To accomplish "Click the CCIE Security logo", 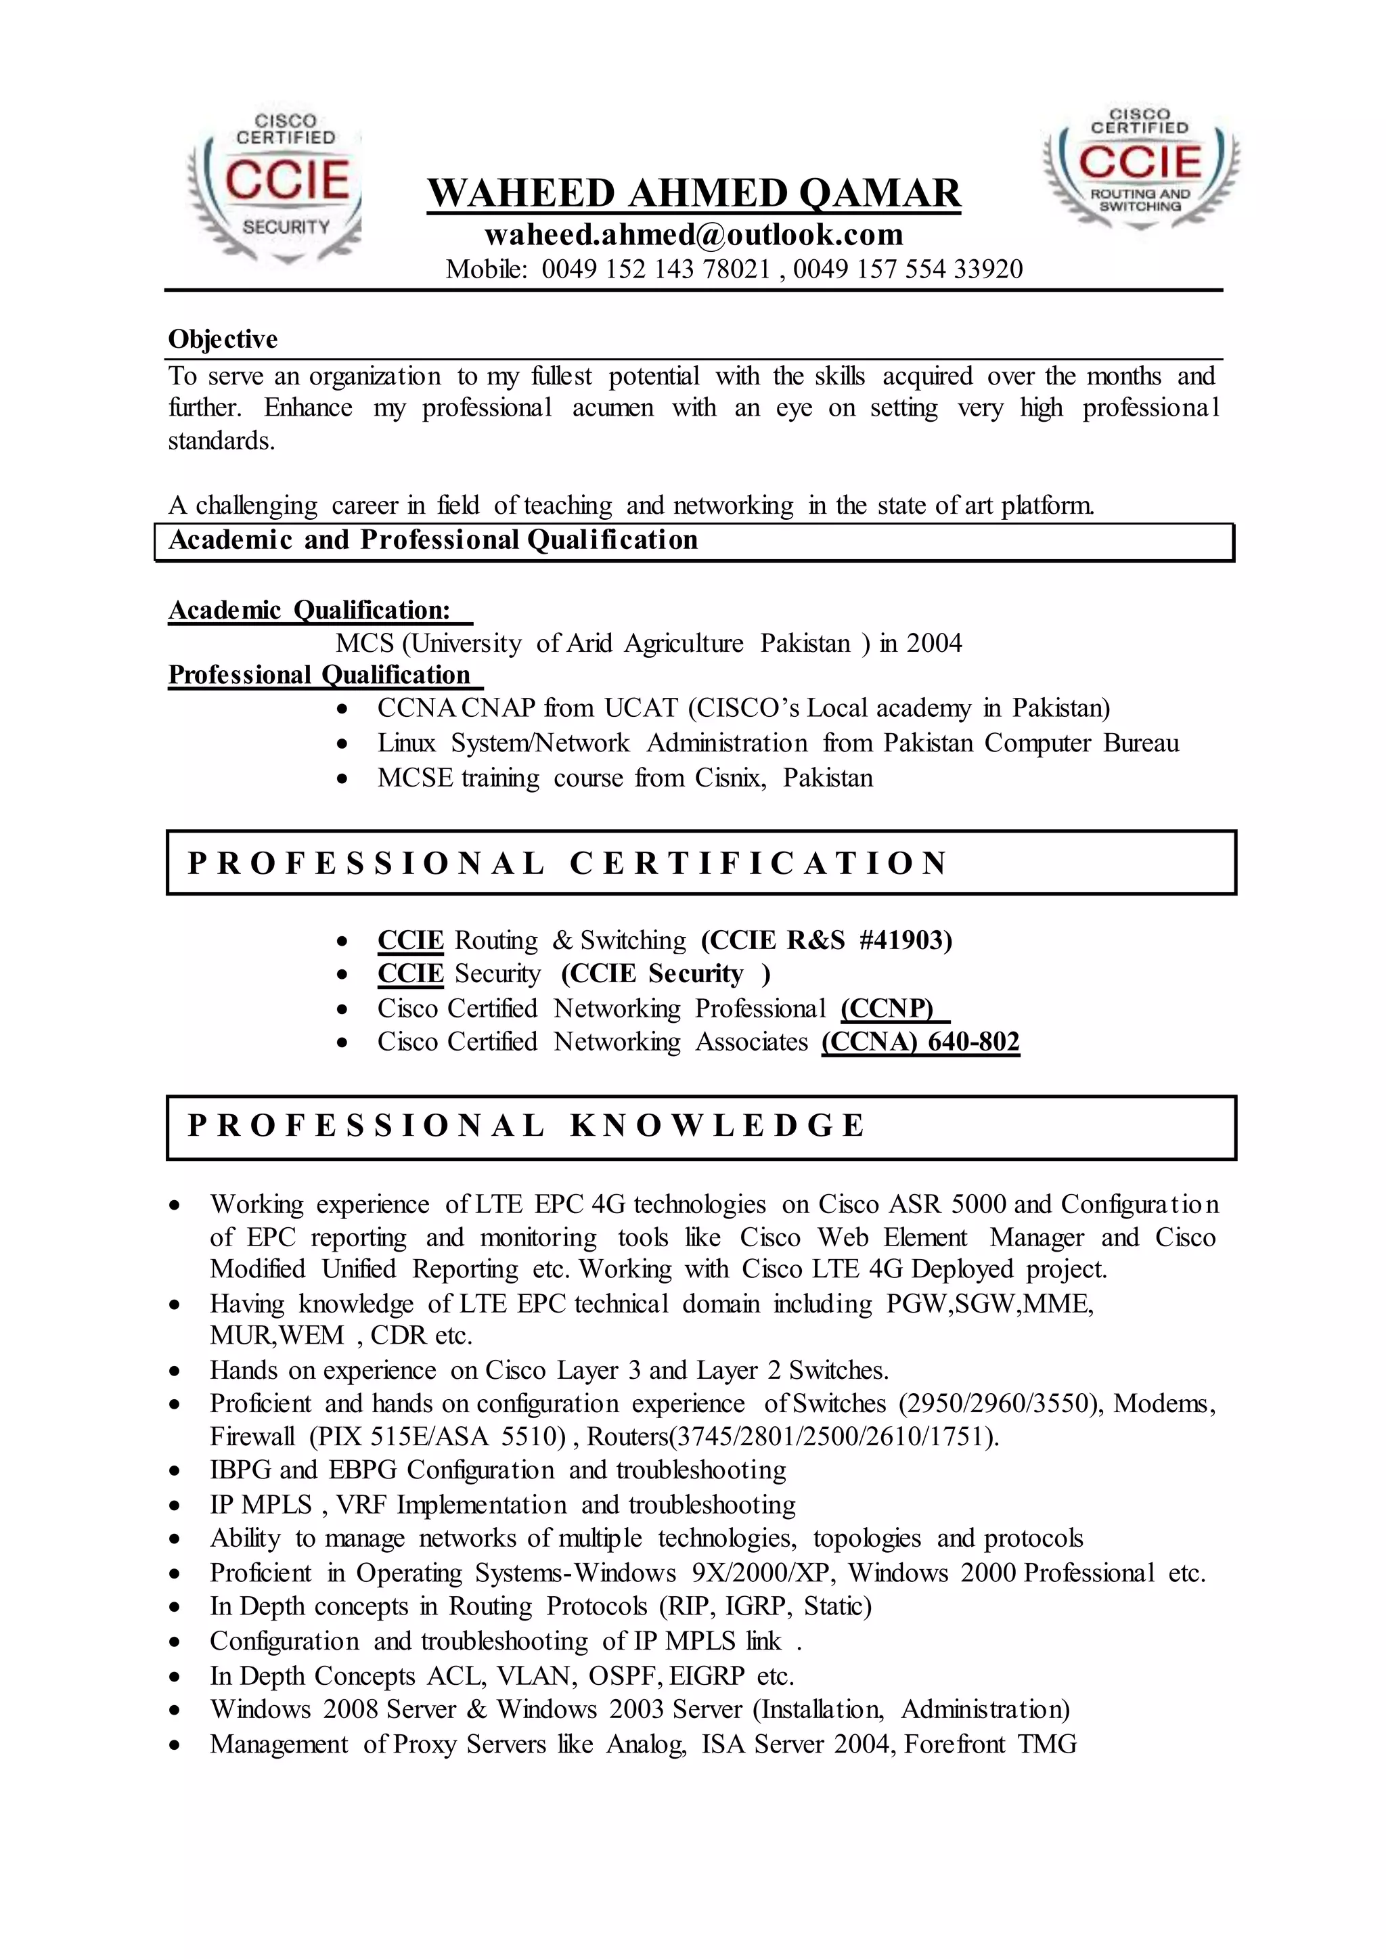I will [275, 185].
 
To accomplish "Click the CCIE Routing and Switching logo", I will [1140, 167].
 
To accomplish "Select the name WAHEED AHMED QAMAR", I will [694, 194].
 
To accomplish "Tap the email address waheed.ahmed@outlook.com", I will [694, 235].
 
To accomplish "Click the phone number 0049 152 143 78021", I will [656, 269].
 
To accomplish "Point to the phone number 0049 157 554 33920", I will [908, 269].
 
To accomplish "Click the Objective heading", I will [223, 340].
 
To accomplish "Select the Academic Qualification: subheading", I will [309, 611].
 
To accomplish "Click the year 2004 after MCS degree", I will [934, 644].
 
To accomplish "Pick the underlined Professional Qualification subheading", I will [319, 675].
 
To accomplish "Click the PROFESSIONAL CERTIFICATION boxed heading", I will [568, 864].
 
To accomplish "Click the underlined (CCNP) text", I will [888, 1009].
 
